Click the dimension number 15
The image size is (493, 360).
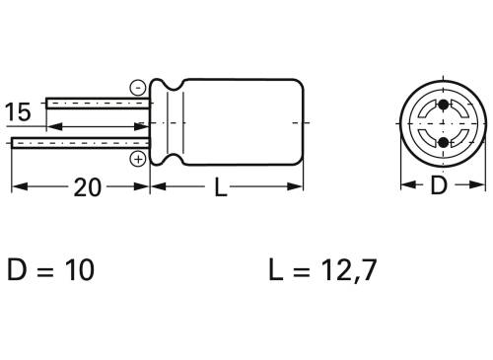(x=18, y=112)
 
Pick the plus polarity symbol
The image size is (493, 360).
(x=137, y=158)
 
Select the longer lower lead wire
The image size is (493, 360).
(x=79, y=144)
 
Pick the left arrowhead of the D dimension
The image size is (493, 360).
(x=404, y=185)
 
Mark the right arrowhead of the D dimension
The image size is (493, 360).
(x=480, y=185)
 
